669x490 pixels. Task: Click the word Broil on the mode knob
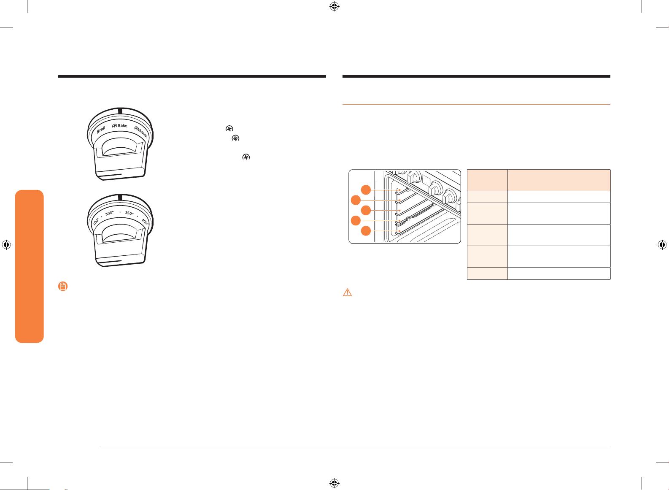tap(101, 130)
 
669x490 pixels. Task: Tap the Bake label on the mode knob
tap(122, 125)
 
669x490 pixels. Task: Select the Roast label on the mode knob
tap(143, 133)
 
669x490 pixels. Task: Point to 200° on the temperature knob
tap(96, 222)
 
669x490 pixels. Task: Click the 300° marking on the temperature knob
tap(109, 213)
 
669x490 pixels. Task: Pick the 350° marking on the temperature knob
tap(129, 213)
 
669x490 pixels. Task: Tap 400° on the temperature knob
tap(145, 222)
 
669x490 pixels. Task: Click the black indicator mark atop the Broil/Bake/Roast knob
tap(120, 111)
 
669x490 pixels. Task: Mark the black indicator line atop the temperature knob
tap(120, 197)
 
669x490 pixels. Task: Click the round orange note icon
tap(63, 286)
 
